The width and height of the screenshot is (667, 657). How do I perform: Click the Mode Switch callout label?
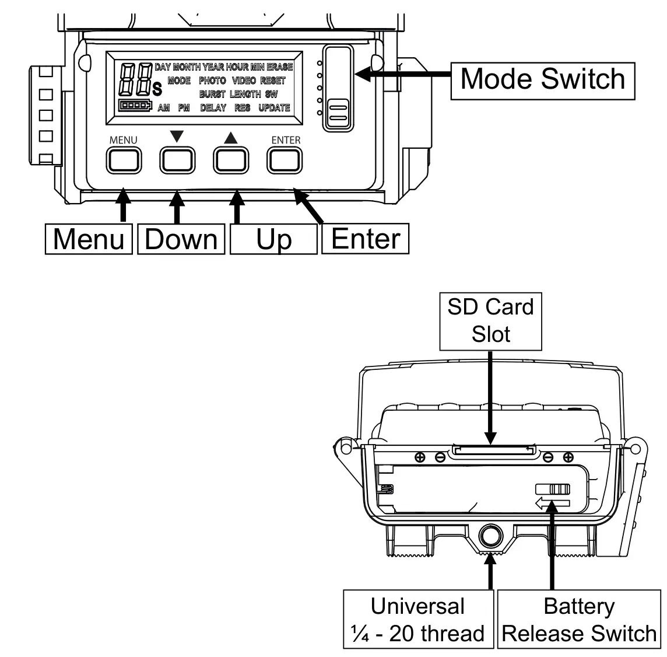tap(542, 79)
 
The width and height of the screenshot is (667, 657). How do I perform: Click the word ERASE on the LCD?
tap(280, 67)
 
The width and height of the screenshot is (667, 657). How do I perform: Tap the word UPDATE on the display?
tap(274, 108)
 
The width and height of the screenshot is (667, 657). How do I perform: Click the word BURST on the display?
tap(212, 94)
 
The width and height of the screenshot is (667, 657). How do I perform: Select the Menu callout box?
tap(89, 239)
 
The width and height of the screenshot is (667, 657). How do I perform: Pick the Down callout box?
tap(181, 239)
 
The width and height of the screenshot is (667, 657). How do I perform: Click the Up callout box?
tap(273, 239)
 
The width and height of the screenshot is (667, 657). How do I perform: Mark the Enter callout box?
tap(366, 239)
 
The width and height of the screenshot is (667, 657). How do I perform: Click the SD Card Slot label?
tap(491, 320)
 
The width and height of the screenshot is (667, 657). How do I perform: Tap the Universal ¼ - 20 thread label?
tap(419, 619)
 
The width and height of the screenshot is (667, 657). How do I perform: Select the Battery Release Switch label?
tap(579, 619)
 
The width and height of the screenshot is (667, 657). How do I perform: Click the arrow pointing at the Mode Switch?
tap(402, 74)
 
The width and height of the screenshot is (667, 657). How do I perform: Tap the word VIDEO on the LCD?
tap(244, 81)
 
